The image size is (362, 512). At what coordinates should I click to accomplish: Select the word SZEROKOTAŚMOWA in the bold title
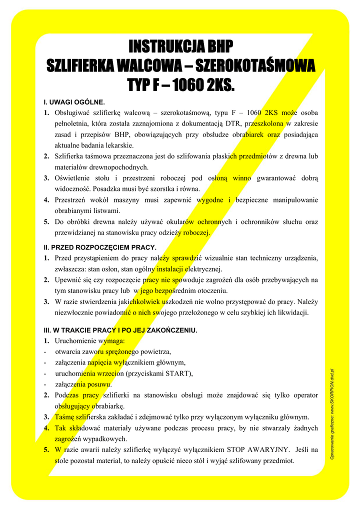(x=255, y=65)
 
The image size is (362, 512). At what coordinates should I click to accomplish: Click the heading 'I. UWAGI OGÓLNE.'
(x=74, y=102)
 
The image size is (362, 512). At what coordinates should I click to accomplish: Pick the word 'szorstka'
(x=161, y=189)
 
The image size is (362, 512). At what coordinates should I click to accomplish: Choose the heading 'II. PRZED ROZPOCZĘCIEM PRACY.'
(x=100, y=247)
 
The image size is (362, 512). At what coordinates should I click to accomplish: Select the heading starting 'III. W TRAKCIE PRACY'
(x=120, y=330)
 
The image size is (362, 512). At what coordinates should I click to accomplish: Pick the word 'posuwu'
(x=99, y=384)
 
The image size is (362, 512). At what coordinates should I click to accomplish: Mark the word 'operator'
(x=301, y=395)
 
